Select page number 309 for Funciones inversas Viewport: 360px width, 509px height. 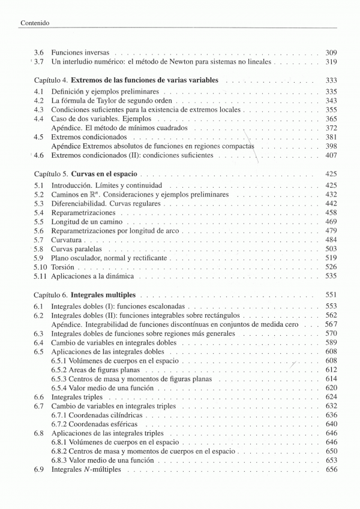coord(331,53)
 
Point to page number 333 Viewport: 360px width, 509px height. coord(331,80)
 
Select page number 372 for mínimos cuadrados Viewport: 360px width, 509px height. coord(331,128)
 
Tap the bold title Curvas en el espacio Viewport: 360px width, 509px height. coord(104,174)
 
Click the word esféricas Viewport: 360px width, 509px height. coord(121,424)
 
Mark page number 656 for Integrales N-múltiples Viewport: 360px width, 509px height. coord(331,469)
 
